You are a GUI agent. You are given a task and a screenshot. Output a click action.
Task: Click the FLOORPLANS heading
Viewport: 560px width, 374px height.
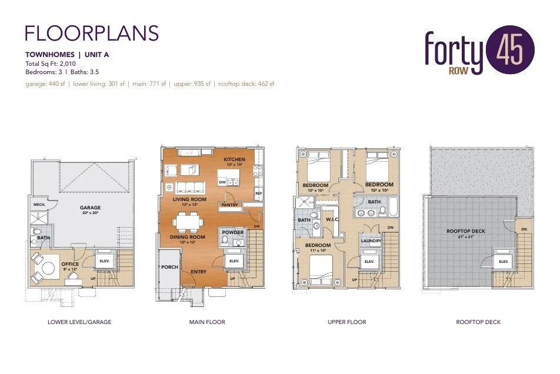[92, 33]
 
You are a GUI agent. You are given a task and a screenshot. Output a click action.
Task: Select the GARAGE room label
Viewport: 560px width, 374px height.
[91, 208]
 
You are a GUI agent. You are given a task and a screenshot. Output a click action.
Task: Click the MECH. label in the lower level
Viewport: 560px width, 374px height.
[40, 205]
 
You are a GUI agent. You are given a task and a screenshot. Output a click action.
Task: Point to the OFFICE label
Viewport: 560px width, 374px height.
[70, 264]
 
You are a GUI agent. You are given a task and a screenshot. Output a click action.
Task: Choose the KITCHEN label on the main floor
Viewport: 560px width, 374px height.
[235, 160]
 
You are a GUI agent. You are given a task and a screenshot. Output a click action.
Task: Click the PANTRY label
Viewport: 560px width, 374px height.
[229, 205]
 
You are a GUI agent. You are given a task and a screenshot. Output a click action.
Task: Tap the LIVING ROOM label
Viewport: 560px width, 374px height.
[189, 200]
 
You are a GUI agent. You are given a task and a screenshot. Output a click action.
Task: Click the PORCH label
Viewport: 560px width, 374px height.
[169, 267]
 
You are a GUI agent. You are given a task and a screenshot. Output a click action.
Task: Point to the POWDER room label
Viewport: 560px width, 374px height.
[232, 232]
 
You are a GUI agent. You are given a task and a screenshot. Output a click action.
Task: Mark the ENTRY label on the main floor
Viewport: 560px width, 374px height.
[198, 272]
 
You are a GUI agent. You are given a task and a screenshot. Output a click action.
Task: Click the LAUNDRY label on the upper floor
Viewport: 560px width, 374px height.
[371, 241]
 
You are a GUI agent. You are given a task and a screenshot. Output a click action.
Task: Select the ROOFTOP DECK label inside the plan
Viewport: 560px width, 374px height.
[466, 231]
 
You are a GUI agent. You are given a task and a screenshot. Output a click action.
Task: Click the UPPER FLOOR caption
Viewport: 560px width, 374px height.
[347, 322]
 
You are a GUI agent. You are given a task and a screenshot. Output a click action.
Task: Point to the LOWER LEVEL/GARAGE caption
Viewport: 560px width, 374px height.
[79, 322]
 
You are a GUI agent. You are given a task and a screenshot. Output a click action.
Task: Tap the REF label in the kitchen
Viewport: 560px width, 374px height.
[258, 193]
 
